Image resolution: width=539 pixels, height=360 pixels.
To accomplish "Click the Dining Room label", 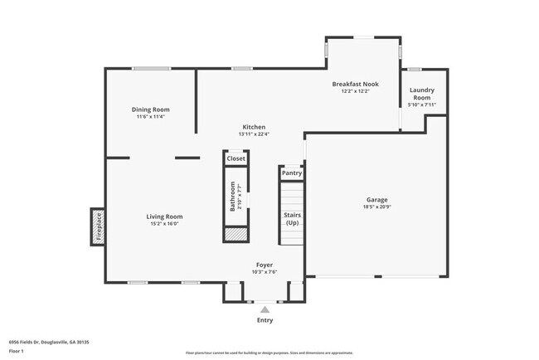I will (x=151, y=109).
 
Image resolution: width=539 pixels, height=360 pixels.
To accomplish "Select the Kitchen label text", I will (x=253, y=127).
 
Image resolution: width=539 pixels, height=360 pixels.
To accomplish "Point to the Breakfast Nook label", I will (x=355, y=84).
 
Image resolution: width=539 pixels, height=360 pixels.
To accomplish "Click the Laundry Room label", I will (x=422, y=94).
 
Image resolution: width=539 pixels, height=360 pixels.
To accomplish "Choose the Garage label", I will (x=377, y=199).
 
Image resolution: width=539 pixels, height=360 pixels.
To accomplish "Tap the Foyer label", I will (x=265, y=265).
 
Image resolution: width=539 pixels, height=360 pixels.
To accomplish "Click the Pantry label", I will (x=292, y=173).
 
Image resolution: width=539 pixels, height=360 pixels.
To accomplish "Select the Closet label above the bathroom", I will (x=236, y=158).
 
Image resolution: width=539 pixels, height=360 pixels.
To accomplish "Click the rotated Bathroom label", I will (x=233, y=197).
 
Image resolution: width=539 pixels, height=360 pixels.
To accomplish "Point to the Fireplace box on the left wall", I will (x=98, y=226).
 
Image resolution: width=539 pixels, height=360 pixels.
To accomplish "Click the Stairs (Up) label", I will (x=292, y=218).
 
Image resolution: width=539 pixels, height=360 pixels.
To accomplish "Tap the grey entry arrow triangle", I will (x=265, y=309).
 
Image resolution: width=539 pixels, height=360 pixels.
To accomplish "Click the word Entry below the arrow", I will (x=265, y=320).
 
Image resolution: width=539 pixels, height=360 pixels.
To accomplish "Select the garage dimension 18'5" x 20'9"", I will (x=377, y=207).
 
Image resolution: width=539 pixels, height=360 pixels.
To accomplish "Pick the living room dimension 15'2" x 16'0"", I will (x=164, y=223).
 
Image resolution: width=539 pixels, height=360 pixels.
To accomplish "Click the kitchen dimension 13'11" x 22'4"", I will (x=253, y=134).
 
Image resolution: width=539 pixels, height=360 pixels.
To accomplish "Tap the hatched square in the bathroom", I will (x=236, y=235).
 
